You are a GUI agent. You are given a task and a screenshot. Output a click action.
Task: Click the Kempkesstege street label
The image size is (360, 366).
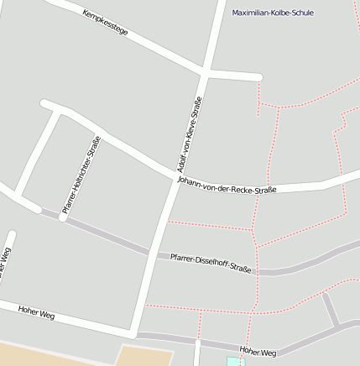(x=106, y=24)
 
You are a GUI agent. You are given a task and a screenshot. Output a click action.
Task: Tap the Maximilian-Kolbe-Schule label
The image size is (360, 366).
(x=273, y=13)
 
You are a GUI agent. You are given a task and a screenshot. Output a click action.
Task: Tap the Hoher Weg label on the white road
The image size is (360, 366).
(x=36, y=312)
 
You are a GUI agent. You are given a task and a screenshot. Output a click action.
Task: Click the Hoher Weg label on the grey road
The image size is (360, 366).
(x=258, y=353)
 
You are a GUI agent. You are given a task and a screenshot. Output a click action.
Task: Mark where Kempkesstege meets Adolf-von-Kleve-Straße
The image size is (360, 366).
(x=205, y=75)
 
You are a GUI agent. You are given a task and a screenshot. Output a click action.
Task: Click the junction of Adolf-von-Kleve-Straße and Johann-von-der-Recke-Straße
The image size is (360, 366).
(x=175, y=180)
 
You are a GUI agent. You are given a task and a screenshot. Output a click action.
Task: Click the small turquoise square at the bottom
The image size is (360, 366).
(x=232, y=362)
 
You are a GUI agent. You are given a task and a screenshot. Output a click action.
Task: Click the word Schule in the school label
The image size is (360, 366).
(x=300, y=13)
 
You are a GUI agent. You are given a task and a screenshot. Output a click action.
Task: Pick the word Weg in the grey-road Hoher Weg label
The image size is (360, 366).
(x=269, y=353)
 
